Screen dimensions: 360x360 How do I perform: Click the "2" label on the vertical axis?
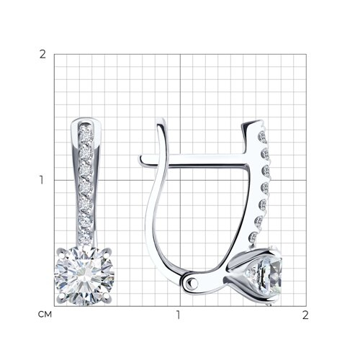click(x=42, y=55)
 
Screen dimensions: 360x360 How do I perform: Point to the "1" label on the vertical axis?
click(x=42, y=180)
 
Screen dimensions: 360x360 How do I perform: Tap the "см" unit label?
click(x=45, y=315)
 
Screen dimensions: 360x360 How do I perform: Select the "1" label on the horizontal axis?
click(x=178, y=315)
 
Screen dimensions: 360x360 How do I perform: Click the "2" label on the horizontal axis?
click(x=305, y=315)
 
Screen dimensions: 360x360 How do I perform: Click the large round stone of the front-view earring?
click(x=84, y=276)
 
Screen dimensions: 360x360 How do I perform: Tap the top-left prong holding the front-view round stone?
click(x=60, y=252)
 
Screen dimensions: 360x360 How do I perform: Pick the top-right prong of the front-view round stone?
click(x=108, y=251)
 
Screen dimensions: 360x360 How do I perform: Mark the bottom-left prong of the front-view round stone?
click(x=61, y=296)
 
